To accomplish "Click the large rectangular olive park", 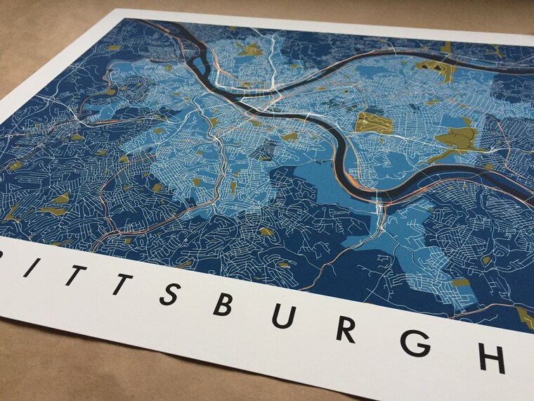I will point(374,123).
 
